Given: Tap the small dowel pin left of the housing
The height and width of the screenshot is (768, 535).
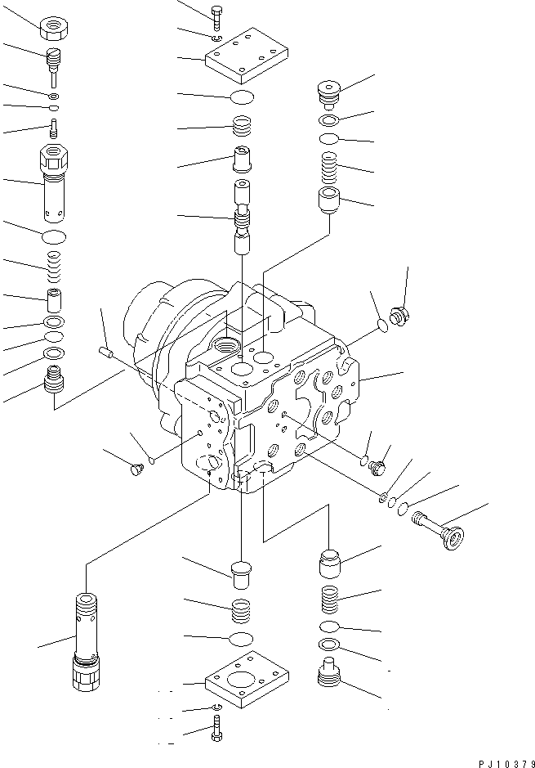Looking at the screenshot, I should coord(104,352).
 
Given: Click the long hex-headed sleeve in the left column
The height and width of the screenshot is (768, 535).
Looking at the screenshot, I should coord(56,184).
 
